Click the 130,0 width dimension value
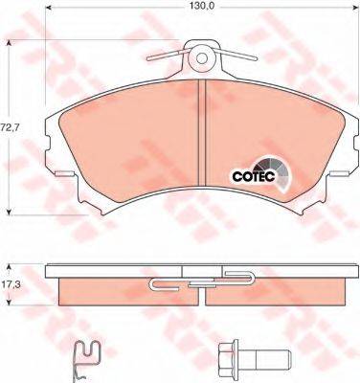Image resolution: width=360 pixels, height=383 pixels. [x=198, y=5]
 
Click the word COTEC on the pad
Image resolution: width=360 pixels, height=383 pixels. [x=254, y=176]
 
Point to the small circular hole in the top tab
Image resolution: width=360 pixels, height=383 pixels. [x=201, y=58]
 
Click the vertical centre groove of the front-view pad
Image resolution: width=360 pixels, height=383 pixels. [x=202, y=132]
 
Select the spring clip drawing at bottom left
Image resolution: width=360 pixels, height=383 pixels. [x=84, y=361]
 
